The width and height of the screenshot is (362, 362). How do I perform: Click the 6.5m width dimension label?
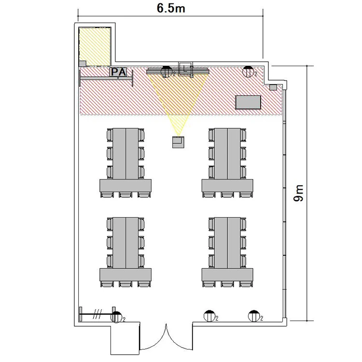click(x=171, y=8)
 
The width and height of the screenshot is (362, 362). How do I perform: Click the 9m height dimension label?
click(x=298, y=193)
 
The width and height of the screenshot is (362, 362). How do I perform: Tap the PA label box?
click(x=118, y=72)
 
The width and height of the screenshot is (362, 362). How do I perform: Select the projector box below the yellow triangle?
click(x=178, y=142)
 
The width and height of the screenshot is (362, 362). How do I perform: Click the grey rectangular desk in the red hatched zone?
click(x=248, y=102)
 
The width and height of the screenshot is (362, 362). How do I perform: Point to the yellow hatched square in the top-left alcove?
click(x=95, y=47)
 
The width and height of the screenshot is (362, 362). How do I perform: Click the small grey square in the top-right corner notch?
click(x=273, y=87)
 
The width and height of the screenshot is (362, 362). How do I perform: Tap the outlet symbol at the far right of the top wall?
click(x=248, y=71)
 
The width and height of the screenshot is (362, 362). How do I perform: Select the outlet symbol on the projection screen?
click(x=167, y=71)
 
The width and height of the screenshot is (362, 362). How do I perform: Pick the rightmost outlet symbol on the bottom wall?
click(x=254, y=316)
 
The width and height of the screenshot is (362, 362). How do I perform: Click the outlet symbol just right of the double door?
click(x=209, y=316)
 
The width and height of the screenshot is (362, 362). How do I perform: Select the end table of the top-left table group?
click(x=125, y=185)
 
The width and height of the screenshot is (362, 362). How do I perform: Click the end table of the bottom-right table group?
click(x=227, y=275)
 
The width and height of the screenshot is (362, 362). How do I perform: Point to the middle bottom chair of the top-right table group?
click(x=227, y=195)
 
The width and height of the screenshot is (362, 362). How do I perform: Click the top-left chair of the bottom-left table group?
click(x=110, y=224)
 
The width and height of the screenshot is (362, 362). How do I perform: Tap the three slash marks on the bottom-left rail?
click(x=97, y=314)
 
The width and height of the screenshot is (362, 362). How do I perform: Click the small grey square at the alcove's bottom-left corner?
click(x=83, y=64)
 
